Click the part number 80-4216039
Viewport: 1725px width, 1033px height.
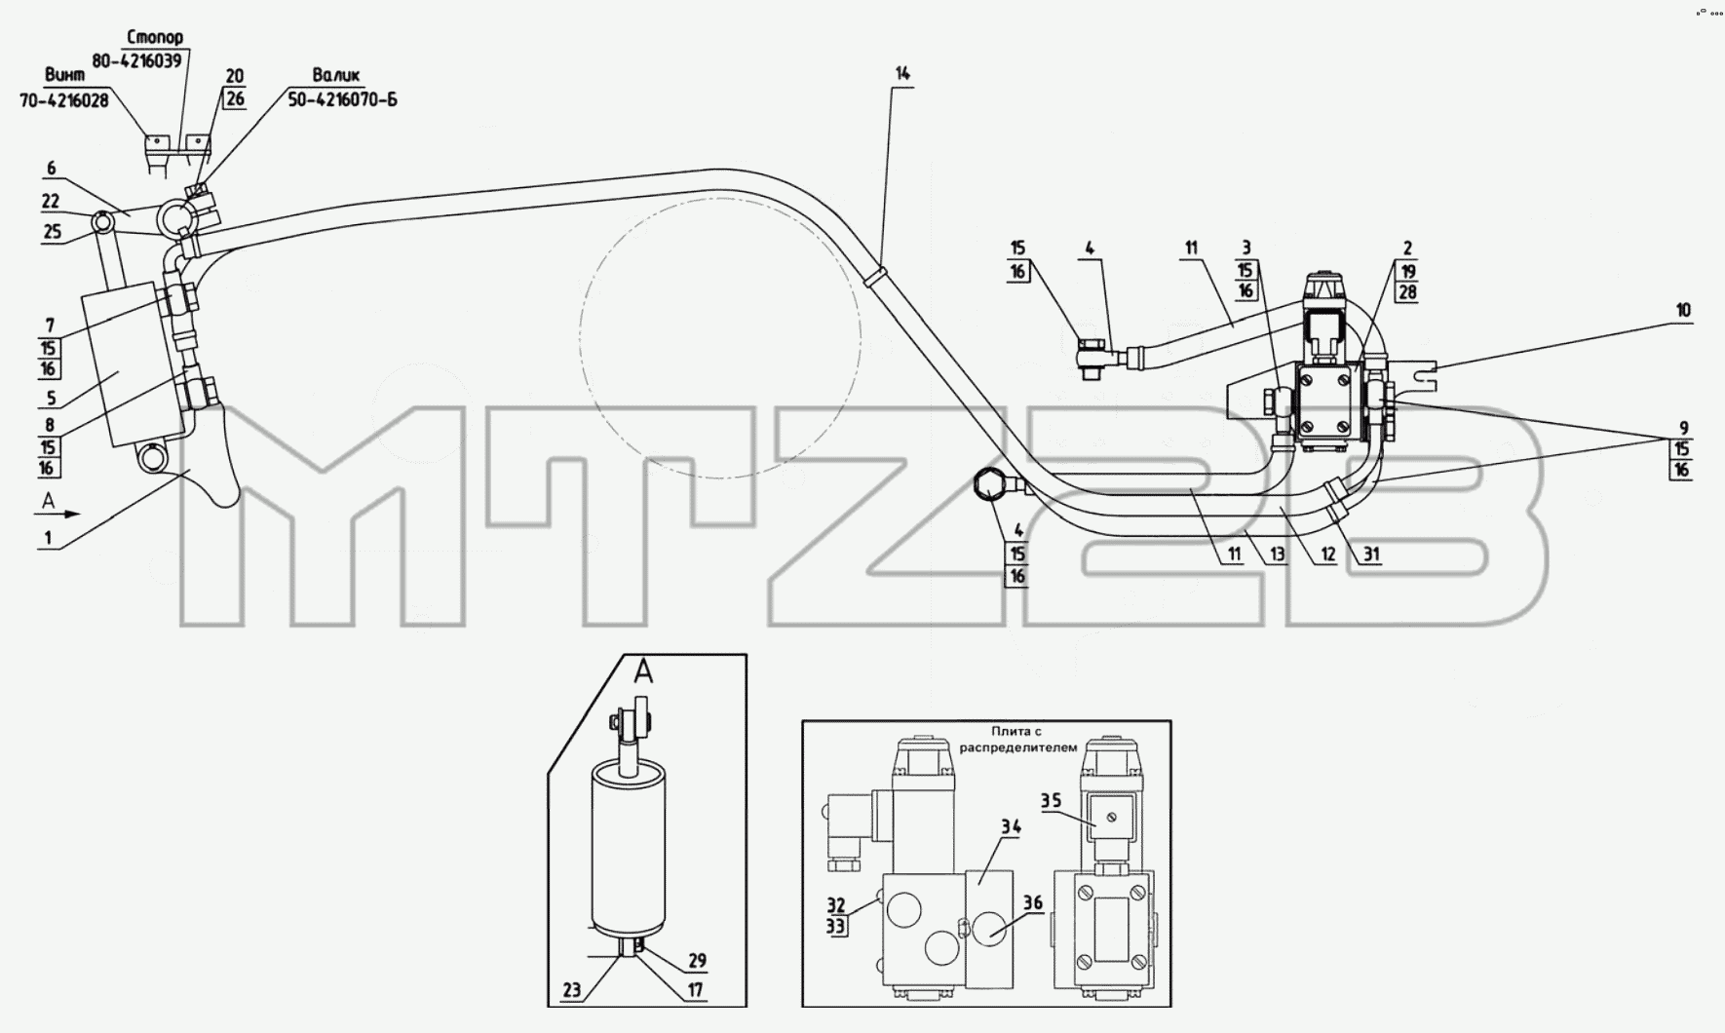point(137,59)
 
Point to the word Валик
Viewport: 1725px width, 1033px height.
point(336,75)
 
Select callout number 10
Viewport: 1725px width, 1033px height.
point(1684,311)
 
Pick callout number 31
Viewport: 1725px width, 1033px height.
point(1371,555)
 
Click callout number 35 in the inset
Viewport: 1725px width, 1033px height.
point(1051,802)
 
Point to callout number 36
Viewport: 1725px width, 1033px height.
point(1033,903)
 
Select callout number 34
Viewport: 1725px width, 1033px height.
point(1011,827)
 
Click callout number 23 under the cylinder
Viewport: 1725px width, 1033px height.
point(571,991)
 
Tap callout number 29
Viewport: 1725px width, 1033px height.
point(696,961)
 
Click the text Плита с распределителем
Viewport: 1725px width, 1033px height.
point(1032,740)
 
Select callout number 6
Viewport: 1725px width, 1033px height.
point(52,169)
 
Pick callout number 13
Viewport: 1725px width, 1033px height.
point(1277,555)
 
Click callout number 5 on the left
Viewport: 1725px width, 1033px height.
point(52,398)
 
